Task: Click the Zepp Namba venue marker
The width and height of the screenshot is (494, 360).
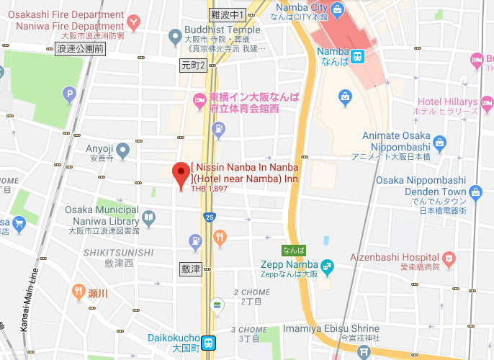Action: click(327, 267)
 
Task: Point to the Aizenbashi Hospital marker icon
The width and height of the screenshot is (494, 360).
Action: click(449, 257)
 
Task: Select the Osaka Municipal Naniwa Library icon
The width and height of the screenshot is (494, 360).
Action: click(148, 217)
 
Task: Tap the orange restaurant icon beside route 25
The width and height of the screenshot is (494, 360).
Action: click(220, 236)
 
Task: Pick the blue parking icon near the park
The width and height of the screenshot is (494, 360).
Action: click(69, 93)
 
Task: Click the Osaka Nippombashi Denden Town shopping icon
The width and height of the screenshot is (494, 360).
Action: click(475, 192)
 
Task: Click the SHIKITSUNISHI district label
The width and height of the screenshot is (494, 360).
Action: click(117, 253)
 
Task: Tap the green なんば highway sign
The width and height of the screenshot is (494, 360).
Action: click(293, 251)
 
